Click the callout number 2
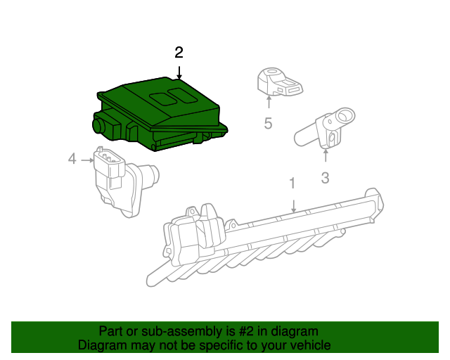179,52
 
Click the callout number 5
268,124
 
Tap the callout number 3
325,178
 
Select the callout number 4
72,160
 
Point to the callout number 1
292,184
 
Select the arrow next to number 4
87,160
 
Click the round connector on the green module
98,125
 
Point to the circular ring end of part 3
345,115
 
